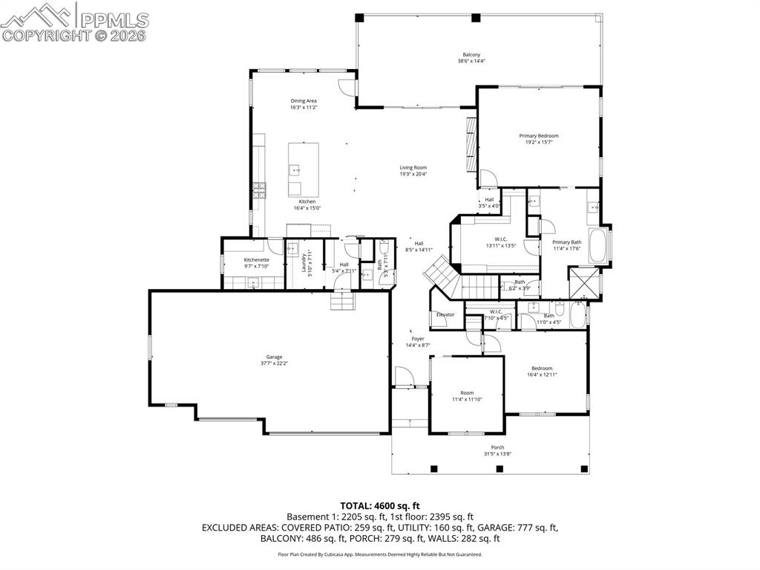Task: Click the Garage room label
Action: (x=270, y=357)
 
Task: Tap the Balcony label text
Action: (x=471, y=55)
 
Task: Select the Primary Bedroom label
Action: (x=538, y=136)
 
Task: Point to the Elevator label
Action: (x=445, y=314)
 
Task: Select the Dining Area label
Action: (x=304, y=101)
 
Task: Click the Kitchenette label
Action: (x=257, y=259)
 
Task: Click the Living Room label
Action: (x=413, y=168)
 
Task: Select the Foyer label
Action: (x=418, y=338)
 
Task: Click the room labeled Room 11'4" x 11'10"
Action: (x=466, y=393)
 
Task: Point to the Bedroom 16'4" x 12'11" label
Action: (x=542, y=369)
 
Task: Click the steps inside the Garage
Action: (x=342, y=300)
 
